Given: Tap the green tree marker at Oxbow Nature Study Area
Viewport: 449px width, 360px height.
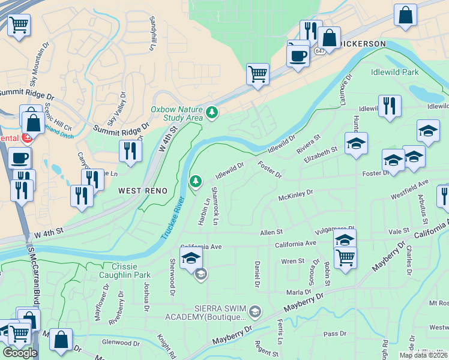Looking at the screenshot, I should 211,112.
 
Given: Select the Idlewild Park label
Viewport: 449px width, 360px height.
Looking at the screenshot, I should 394,72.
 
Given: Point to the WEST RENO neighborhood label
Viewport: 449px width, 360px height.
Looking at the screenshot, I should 142,190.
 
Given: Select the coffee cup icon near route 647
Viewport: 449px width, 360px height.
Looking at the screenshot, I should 298,56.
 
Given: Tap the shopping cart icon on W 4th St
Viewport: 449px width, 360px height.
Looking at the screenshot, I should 258,74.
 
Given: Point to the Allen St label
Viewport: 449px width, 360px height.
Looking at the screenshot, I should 271,232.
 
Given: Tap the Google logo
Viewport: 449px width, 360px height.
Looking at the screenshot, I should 20,353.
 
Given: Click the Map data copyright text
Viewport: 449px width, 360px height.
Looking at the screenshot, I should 423,355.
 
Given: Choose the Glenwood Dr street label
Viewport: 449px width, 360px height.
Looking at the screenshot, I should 120,343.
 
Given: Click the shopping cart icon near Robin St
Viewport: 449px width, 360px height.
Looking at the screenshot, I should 345,257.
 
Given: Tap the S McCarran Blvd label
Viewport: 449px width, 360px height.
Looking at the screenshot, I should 31,282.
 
